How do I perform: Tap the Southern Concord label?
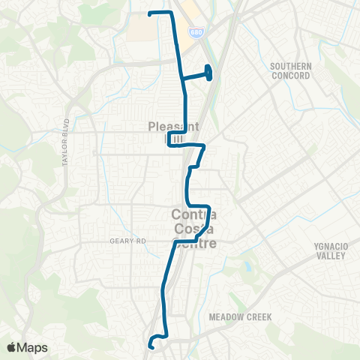(x=289, y=70)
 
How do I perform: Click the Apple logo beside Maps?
(x=12, y=347)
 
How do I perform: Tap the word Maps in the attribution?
(x=34, y=347)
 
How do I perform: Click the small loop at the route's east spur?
(x=208, y=73)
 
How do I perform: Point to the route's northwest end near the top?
(x=151, y=14)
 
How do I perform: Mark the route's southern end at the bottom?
(x=151, y=346)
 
